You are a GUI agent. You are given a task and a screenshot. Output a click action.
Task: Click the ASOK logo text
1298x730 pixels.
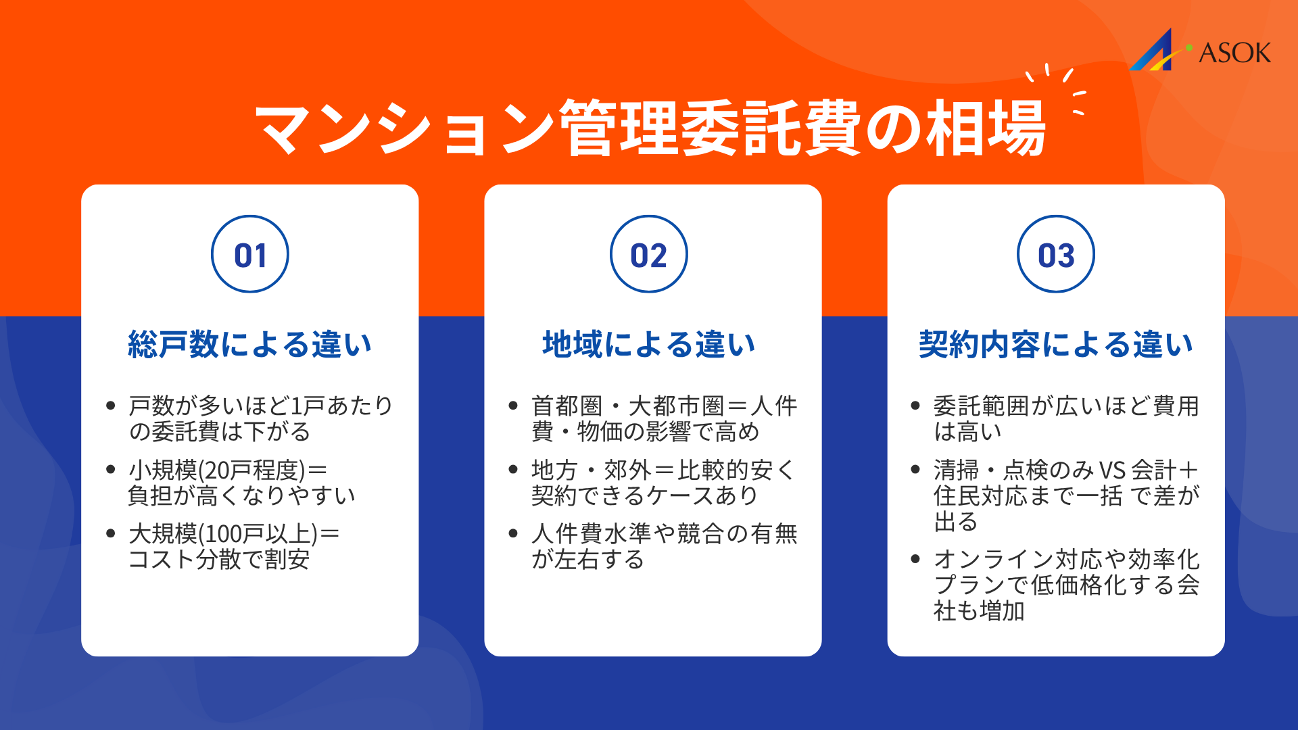coord(1234,53)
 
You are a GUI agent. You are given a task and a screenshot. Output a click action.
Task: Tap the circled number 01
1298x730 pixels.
coord(250,255)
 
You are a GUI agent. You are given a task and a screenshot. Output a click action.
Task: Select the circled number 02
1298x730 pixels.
coord(649,255)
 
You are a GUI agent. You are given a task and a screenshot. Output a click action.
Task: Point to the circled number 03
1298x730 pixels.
coord(1056,255)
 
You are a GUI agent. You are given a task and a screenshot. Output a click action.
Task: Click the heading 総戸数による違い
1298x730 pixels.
coord(250,344)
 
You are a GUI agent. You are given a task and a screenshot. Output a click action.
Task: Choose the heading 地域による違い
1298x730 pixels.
coord(649,344)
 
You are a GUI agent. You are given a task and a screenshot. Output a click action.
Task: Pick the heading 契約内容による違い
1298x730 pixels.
coord(1056,344)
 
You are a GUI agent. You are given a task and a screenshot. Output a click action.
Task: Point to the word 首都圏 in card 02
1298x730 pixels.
coord(567,406)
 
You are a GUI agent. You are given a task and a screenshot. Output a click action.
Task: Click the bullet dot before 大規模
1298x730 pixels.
coord(111,534)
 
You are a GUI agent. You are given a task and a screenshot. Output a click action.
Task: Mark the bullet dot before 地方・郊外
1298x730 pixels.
coord(513,470)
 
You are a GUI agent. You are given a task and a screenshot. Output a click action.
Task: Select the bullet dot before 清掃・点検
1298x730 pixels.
coord(915,470)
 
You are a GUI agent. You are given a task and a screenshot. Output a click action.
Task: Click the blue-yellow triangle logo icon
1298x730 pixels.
coord(1155,51)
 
